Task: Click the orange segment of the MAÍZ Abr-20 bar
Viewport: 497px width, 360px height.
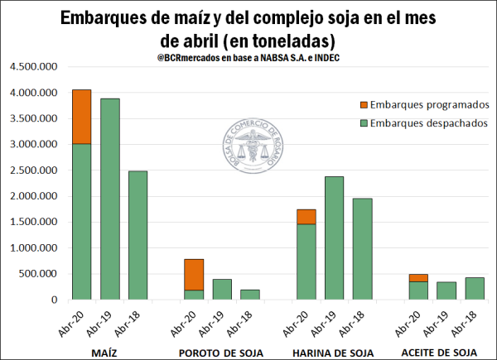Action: pos(81,117)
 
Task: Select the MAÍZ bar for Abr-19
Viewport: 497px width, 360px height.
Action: pos(110,199)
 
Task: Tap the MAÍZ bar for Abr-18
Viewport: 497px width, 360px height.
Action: pos(139,235)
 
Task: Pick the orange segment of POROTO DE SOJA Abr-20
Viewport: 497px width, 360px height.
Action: pos(194,274)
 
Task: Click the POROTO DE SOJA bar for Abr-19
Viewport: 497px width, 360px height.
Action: pos(222,289)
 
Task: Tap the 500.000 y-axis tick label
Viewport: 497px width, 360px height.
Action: pos(38,274)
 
